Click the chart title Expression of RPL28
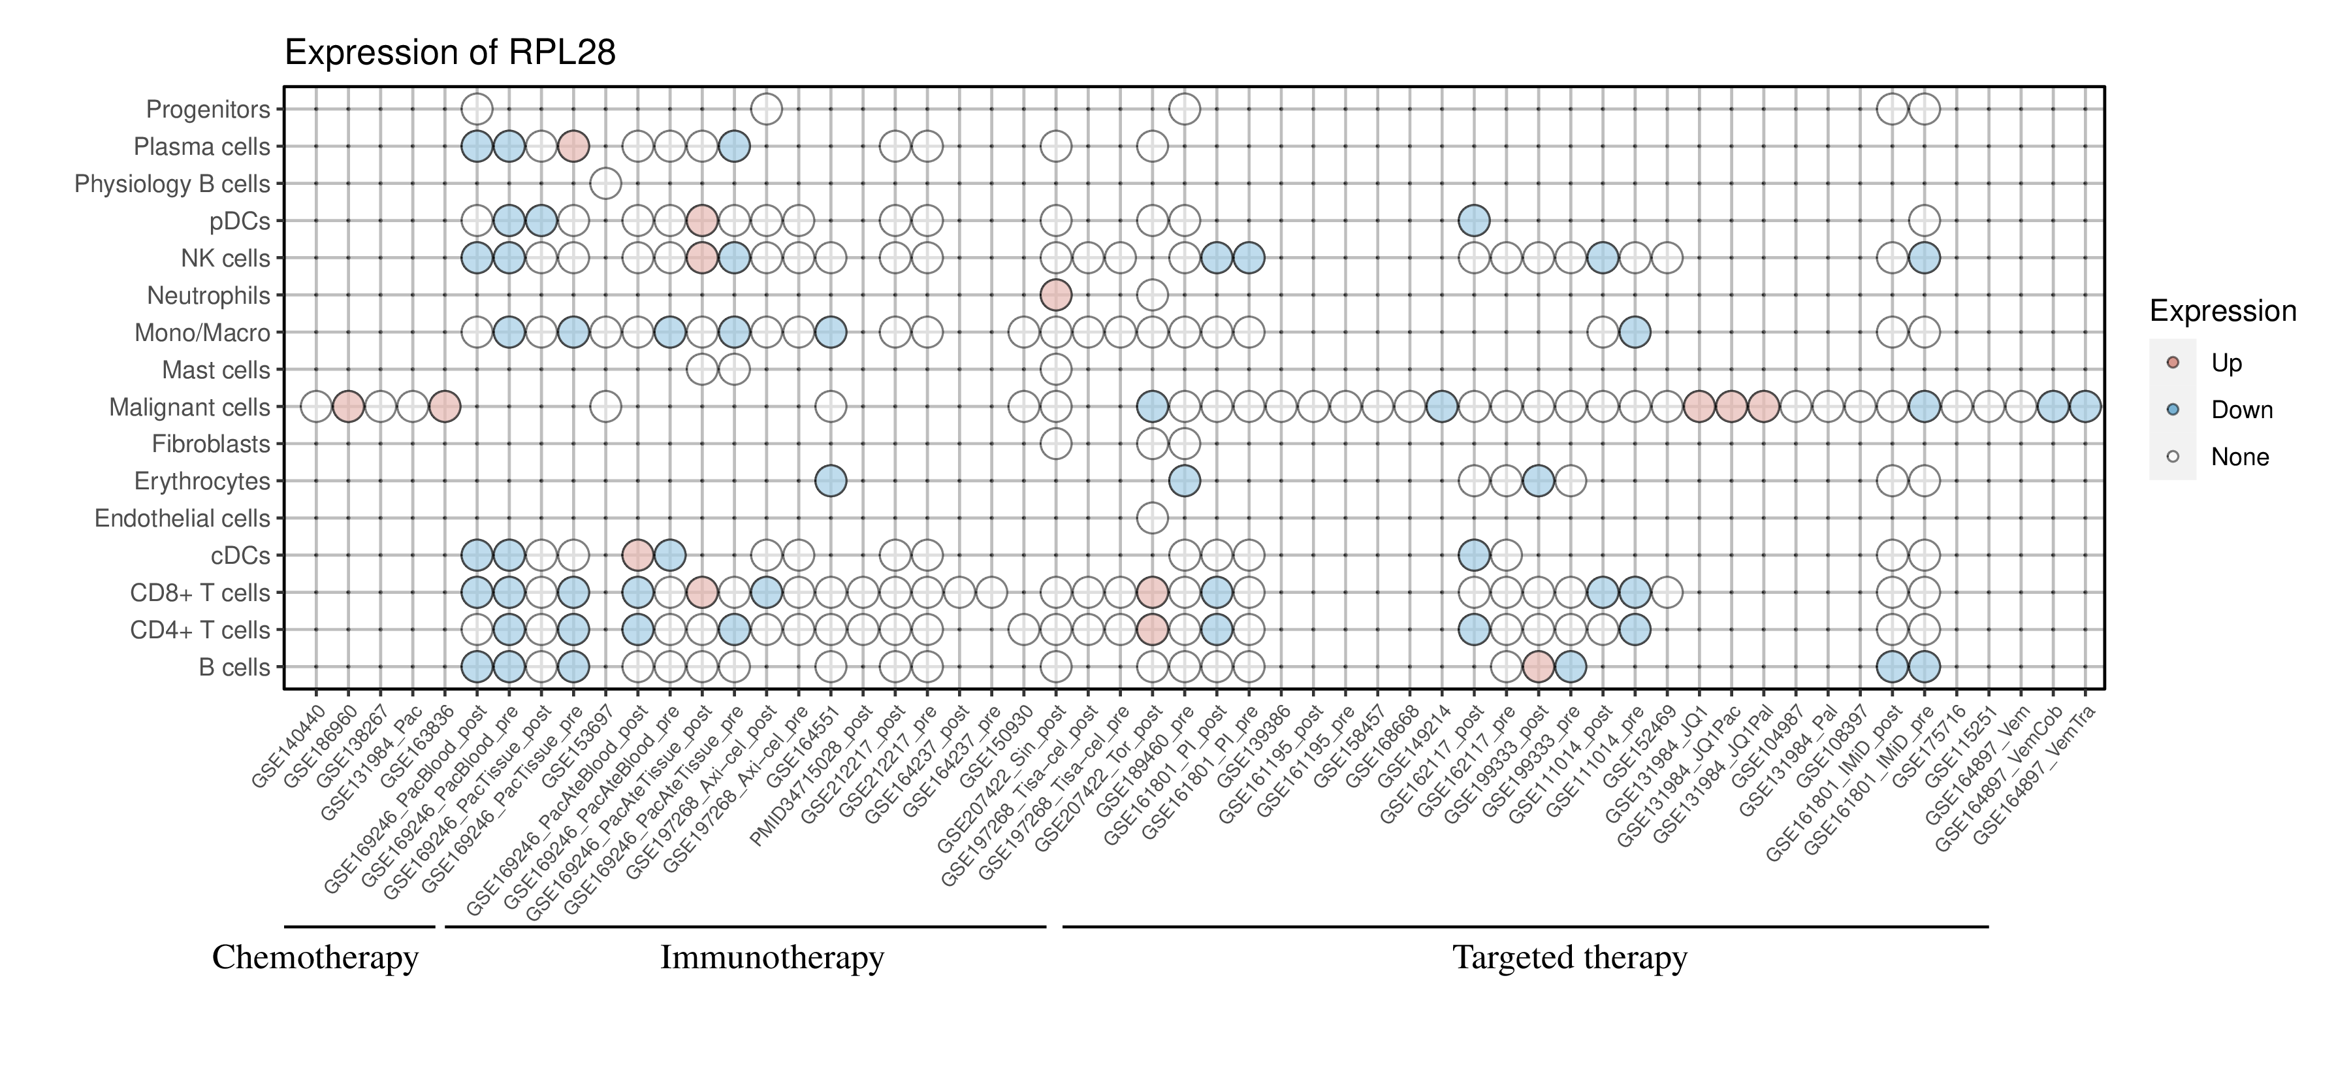click(450, 53)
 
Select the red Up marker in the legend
click(2173, 363)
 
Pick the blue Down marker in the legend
click(2173, 410)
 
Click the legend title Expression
click(2222, 311)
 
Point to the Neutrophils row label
click(208, 296)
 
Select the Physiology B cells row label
click(172, 184)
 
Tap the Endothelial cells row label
click(183, 519)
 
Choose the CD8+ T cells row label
click(200, 593)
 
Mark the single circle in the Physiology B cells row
click(605, 184)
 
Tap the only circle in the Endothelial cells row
click(1153, 519)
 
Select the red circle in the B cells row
click(1539, 667)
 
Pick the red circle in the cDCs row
click(637, 555)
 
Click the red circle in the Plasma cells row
click(573, 146)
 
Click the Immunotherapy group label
click(772, 958)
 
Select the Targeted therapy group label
click(1570, 958)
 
